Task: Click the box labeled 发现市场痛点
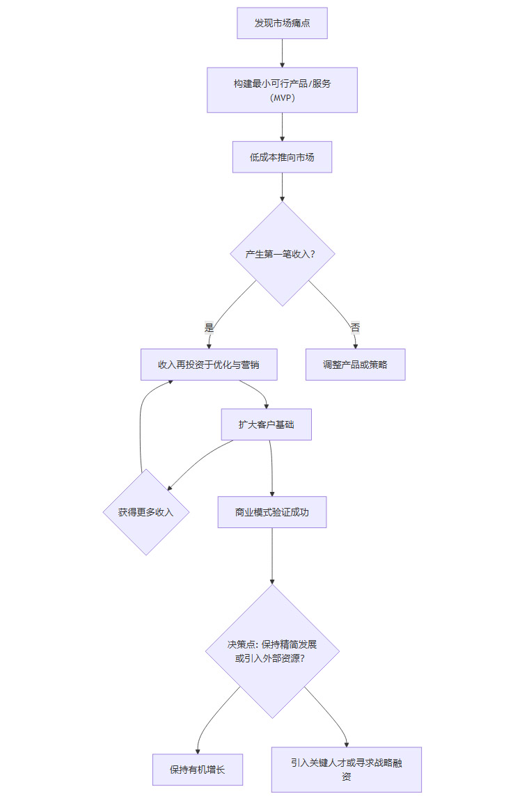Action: pyautogui.click(x=282, y=24)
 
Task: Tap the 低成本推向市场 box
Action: pyautogui.click(x=282, y=157)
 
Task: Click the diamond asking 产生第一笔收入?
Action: pyautogui.click(x=282, y=254)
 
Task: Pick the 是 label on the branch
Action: pyautogui.click(x=209, y=327)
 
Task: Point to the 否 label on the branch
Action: pyautogui.click(x=355, y=327)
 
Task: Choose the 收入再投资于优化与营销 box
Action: pyautogui.click(x=209, y=365)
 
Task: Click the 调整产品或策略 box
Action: pyautogui.click(x=355, y=365)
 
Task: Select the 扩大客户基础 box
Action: pyautogui.click(x=266, y=424)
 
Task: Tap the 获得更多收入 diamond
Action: pyautogui.click(x=145, y=512)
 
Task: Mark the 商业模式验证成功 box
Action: pyautogui.click(x=271, y=512)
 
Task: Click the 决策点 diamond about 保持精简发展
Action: pyautogui.click(x=272, y=651)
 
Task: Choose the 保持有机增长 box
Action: pyautogui.click(x=198, y=770)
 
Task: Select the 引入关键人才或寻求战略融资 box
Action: pyautogui.click(x=346, y=770)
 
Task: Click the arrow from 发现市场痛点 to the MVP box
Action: pyautogui.click(x=282, y=53)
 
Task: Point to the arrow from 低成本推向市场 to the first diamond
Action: pyautogui.click(x=282, y=186)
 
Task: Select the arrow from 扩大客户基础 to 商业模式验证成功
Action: pyautogui.click(x=271, y=468)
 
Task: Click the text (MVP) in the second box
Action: pyautogui.click(x=282, y=97)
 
